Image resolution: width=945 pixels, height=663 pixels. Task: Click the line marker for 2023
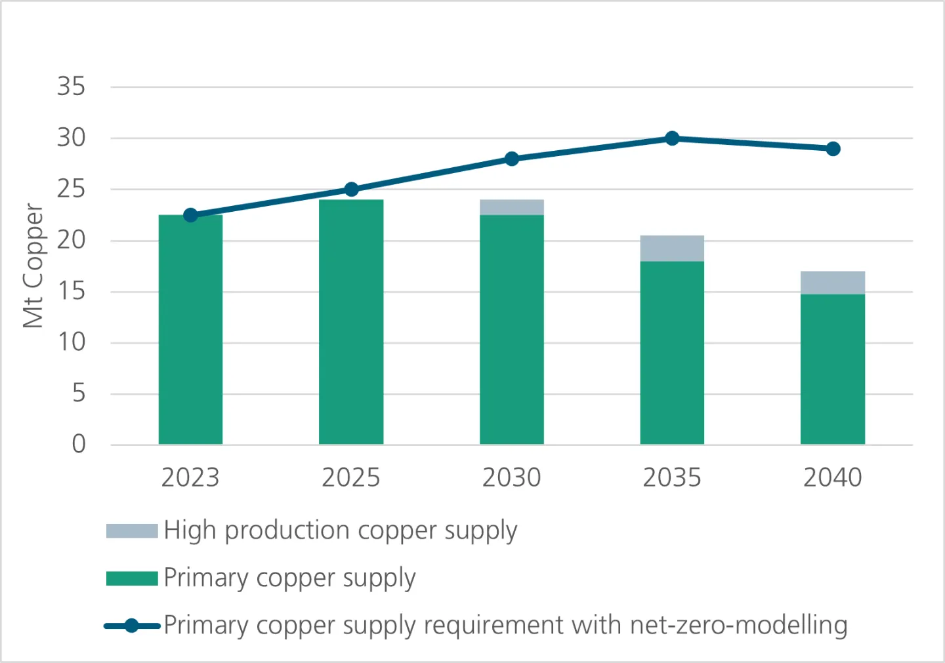[190, 215]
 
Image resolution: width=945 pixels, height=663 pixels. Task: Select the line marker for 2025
[351, 190]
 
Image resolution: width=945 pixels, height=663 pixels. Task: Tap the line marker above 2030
[512, 159]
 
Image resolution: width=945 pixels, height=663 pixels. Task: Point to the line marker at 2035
[672, 138]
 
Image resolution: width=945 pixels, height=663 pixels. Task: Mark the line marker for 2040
[833, 149]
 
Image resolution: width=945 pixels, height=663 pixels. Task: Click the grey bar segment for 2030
[512, 207]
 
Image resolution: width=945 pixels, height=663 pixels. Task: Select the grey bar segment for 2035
[672, 249]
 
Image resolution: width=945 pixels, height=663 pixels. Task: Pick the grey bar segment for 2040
[833, 283]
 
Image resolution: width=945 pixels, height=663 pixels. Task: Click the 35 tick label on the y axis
[71, 87]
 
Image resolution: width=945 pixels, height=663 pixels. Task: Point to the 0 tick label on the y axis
[79, 444]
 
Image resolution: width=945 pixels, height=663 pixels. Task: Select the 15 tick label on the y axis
[71, 291]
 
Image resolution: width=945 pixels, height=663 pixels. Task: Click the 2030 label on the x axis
[512, 477]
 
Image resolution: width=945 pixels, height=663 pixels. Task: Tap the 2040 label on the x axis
[833, 477]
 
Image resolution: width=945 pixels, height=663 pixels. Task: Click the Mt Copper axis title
[33, 266]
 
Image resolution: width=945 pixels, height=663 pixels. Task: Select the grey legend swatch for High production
[132, 531]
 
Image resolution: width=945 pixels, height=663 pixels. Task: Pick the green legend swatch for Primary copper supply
[132, 578]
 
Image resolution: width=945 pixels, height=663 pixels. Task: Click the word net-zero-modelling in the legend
[738, 625]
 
